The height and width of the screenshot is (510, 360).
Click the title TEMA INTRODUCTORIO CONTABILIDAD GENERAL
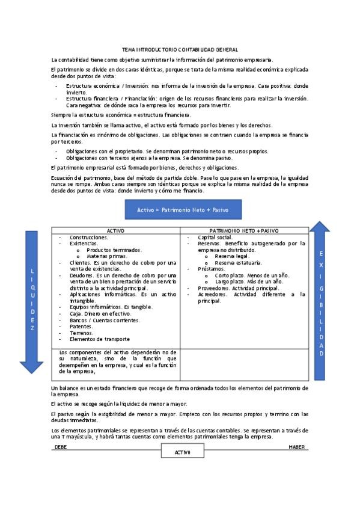(x=180, y=49)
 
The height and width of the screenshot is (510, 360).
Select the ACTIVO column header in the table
(x=115, y=231)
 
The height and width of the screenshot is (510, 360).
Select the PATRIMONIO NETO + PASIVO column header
(x=244, y=231)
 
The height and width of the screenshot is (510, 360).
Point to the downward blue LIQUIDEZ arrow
(x=32, y=301)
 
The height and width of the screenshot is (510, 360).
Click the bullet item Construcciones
(x=88, y=238)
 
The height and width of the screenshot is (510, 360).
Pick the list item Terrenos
(x=81, y=332)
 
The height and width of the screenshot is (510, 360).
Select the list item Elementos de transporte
(x=99, y=339)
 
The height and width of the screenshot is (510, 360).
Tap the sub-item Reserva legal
(x=231, y=256)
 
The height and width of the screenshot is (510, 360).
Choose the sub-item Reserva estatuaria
(x=236, y=262)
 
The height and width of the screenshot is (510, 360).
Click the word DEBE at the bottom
(x=60, y=447)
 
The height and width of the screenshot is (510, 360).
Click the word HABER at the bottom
(x=297, y=447)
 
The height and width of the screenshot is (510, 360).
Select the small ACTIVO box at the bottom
(x=182, y=452)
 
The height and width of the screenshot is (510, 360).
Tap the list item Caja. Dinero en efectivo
(x=100, y=313)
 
